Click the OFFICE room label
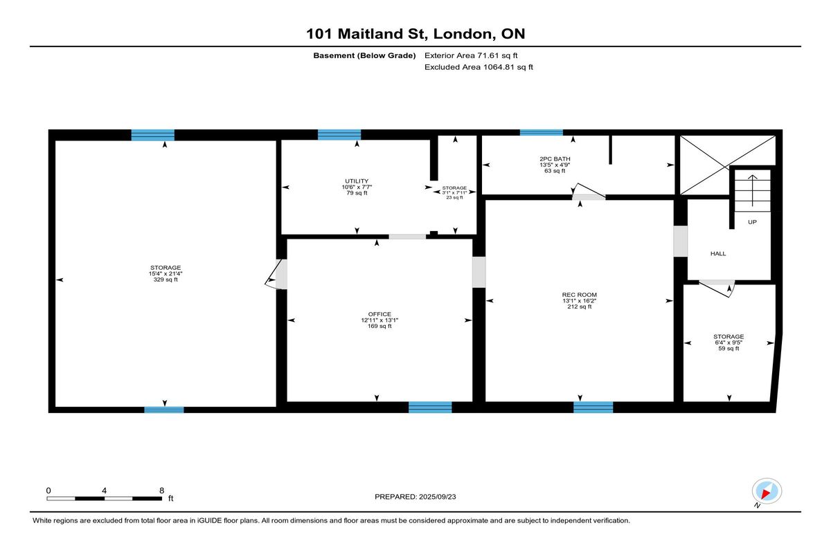(379, 314)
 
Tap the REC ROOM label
(579, 295)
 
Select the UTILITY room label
(357, 181)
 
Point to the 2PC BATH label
(555, 158)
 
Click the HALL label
(718, 254)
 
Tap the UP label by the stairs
(752, 222)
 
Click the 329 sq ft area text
(166, 280)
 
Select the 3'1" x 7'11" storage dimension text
(454, 193)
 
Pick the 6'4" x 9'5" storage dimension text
(729, 343)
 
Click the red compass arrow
(766, 493)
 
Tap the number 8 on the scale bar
(162, 491)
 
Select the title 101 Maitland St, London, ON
(415, 34)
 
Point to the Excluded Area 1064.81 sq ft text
(479, 67)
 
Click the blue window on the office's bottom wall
(430, 408)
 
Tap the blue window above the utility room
(339, 134)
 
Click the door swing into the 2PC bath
(588, 190)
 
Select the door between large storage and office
(276, 273)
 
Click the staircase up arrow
(752, 190)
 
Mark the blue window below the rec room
(593, 408)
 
